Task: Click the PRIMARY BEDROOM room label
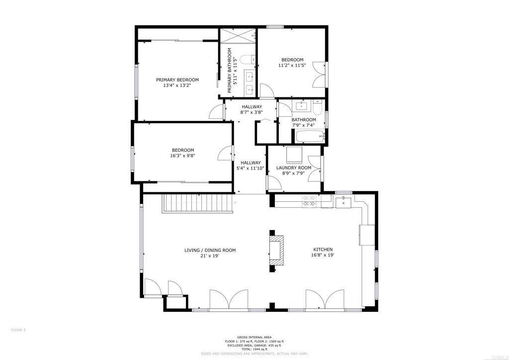tap(177, 80)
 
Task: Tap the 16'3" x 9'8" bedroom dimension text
tap(183, 156)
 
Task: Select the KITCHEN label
tap(323, 250)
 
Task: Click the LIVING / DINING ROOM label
tap(210, 250)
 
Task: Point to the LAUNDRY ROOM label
tap(294, 168)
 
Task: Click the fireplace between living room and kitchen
tap(276, 251)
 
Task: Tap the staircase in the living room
tap(197, 203)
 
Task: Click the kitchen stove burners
tap(309, 201)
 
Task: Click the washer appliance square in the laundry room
tap(294, 155)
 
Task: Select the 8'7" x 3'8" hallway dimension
tap(252, 112)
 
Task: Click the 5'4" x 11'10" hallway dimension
tap(251, 168)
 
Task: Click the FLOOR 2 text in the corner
tap(18, 330)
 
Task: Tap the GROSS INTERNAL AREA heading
tap(254, 337)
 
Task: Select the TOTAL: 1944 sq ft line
tap(254, 350)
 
